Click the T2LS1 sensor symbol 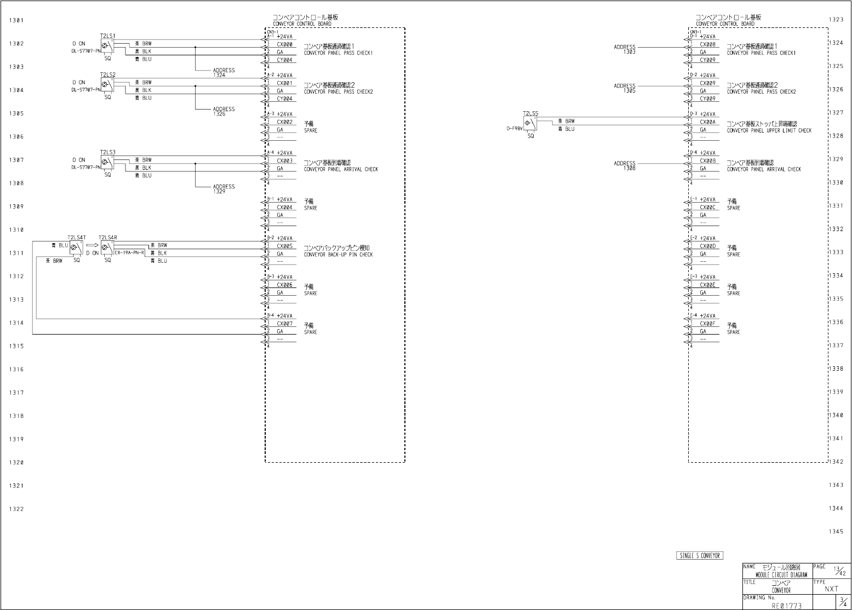tap(107, 48)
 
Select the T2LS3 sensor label tap(107, 152)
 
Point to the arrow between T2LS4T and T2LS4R tap(92, 245)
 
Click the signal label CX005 tap(284, 246)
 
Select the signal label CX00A tap(707, 122)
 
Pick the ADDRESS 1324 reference tap(224, 72)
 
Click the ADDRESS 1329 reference tap(224, 189)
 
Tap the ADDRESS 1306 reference tap(625, 165)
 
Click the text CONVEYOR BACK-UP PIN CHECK tap(338, 255)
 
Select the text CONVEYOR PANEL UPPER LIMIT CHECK tap(769, 131)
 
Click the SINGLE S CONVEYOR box tap(700, 556)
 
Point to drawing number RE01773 tap(786, 606)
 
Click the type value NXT tap(831, 589)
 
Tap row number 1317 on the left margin tap(16, 393)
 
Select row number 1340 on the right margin tap(836, 415)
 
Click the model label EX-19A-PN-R tap(130, 253)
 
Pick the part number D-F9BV tap(514, 129)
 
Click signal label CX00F tap(707, 324)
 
